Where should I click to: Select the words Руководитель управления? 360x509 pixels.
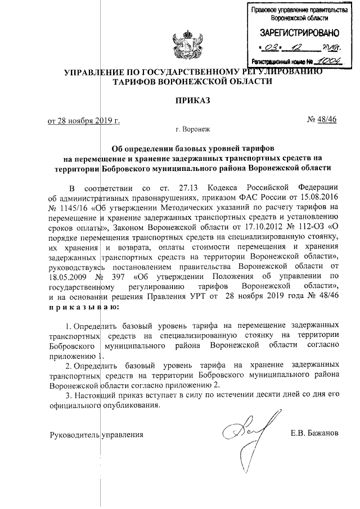pyautogui.click(x=96, y=435)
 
